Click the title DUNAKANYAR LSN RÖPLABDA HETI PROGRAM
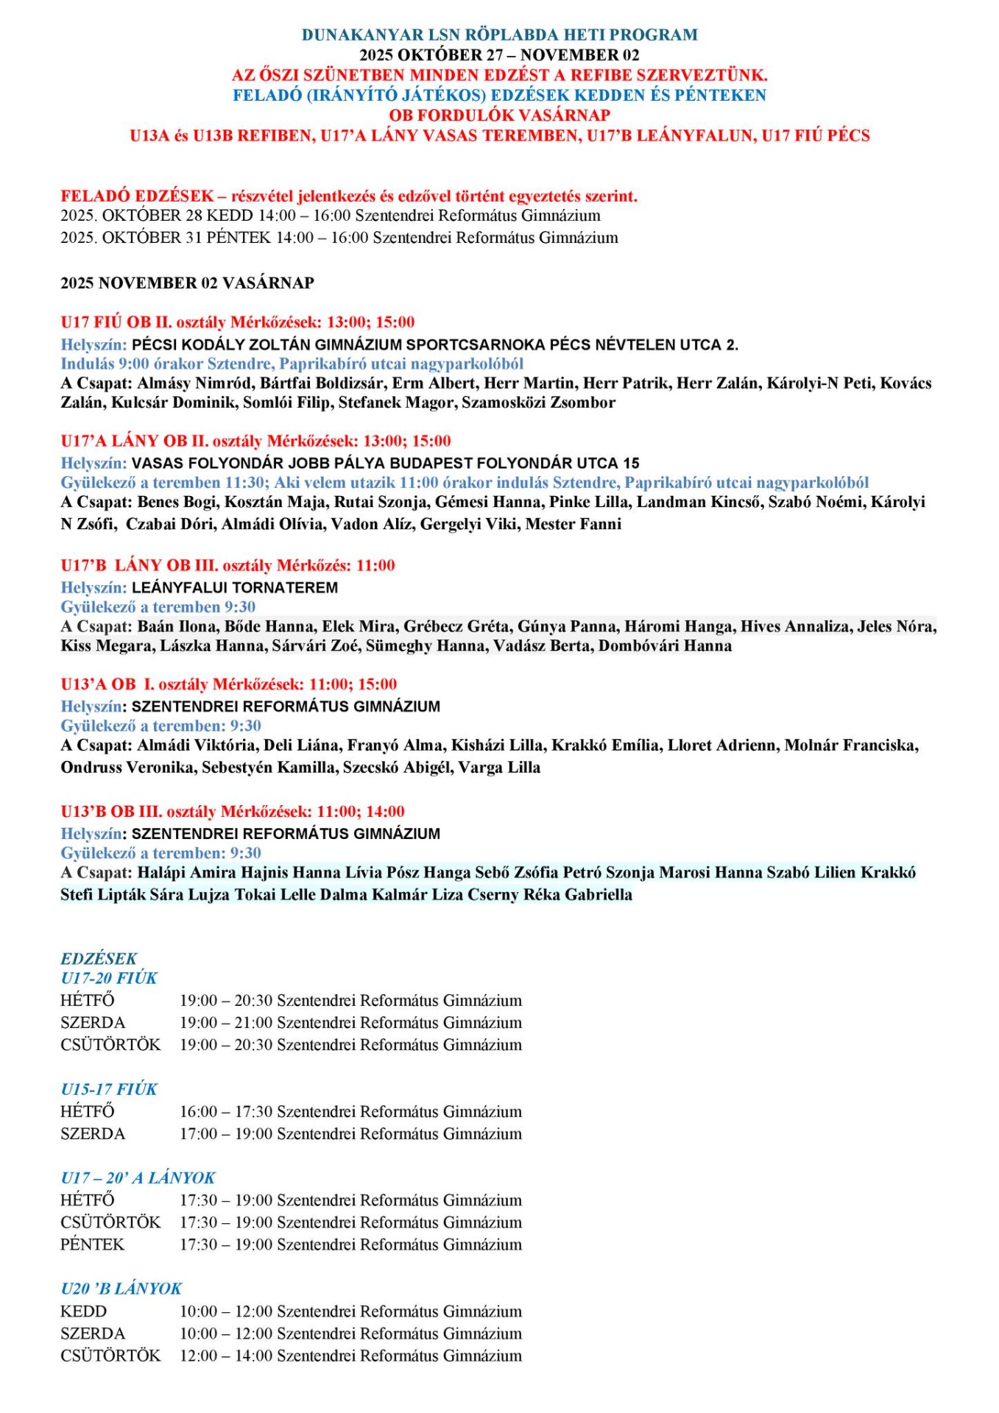(499, 35)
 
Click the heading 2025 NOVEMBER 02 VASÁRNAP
(187, 283)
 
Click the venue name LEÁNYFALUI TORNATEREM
(235, 587)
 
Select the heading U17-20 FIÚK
(109, 978)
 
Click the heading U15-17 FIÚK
(109, 1089)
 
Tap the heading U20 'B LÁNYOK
(121, 1289)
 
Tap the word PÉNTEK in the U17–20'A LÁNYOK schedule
(93, 1244)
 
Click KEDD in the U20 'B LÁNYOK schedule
(83, 1311)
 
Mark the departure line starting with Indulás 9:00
(292, 364)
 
